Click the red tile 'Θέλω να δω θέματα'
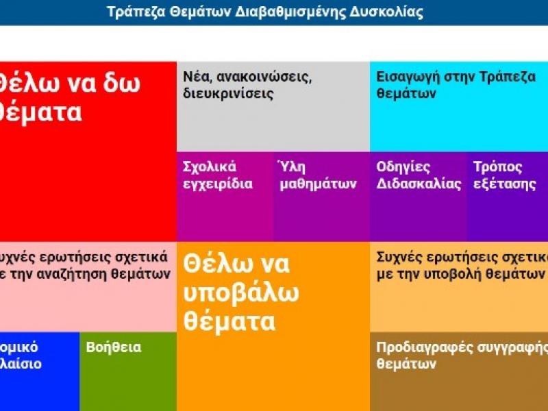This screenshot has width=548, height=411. coord(88,151)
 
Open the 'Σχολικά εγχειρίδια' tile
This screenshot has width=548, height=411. coord(225,196)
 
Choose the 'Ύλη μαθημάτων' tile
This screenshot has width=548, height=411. coord(321,196)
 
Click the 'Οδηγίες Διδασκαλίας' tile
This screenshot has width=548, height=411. coord(419,196)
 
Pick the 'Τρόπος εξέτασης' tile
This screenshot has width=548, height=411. coord(507,196)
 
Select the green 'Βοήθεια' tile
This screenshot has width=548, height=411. coord(128,371)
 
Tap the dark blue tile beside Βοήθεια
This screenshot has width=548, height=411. coord(39,371)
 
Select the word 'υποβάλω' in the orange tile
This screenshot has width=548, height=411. coord(241,292)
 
